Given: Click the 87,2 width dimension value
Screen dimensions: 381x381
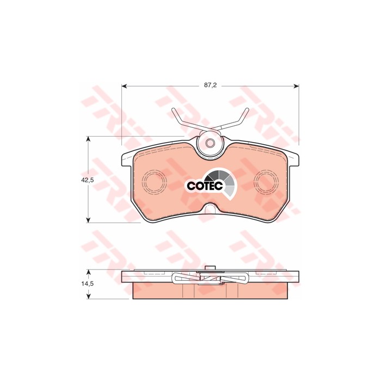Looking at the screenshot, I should pyautogui.click(x=210, y=85).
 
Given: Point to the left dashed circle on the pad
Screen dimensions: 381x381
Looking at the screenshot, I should pyautogui.click(x=156, y=181).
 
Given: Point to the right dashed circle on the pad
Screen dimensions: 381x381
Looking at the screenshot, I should pyautogui.click(x=266, y=181).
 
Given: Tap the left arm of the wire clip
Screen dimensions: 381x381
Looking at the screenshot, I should pyautogui.click(x=183, y=120).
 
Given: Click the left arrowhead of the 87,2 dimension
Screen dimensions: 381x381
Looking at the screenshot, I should pyautogui.click(x=123, y=85).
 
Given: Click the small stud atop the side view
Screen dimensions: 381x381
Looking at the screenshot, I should pyautogui.click(x=211, y=267).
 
